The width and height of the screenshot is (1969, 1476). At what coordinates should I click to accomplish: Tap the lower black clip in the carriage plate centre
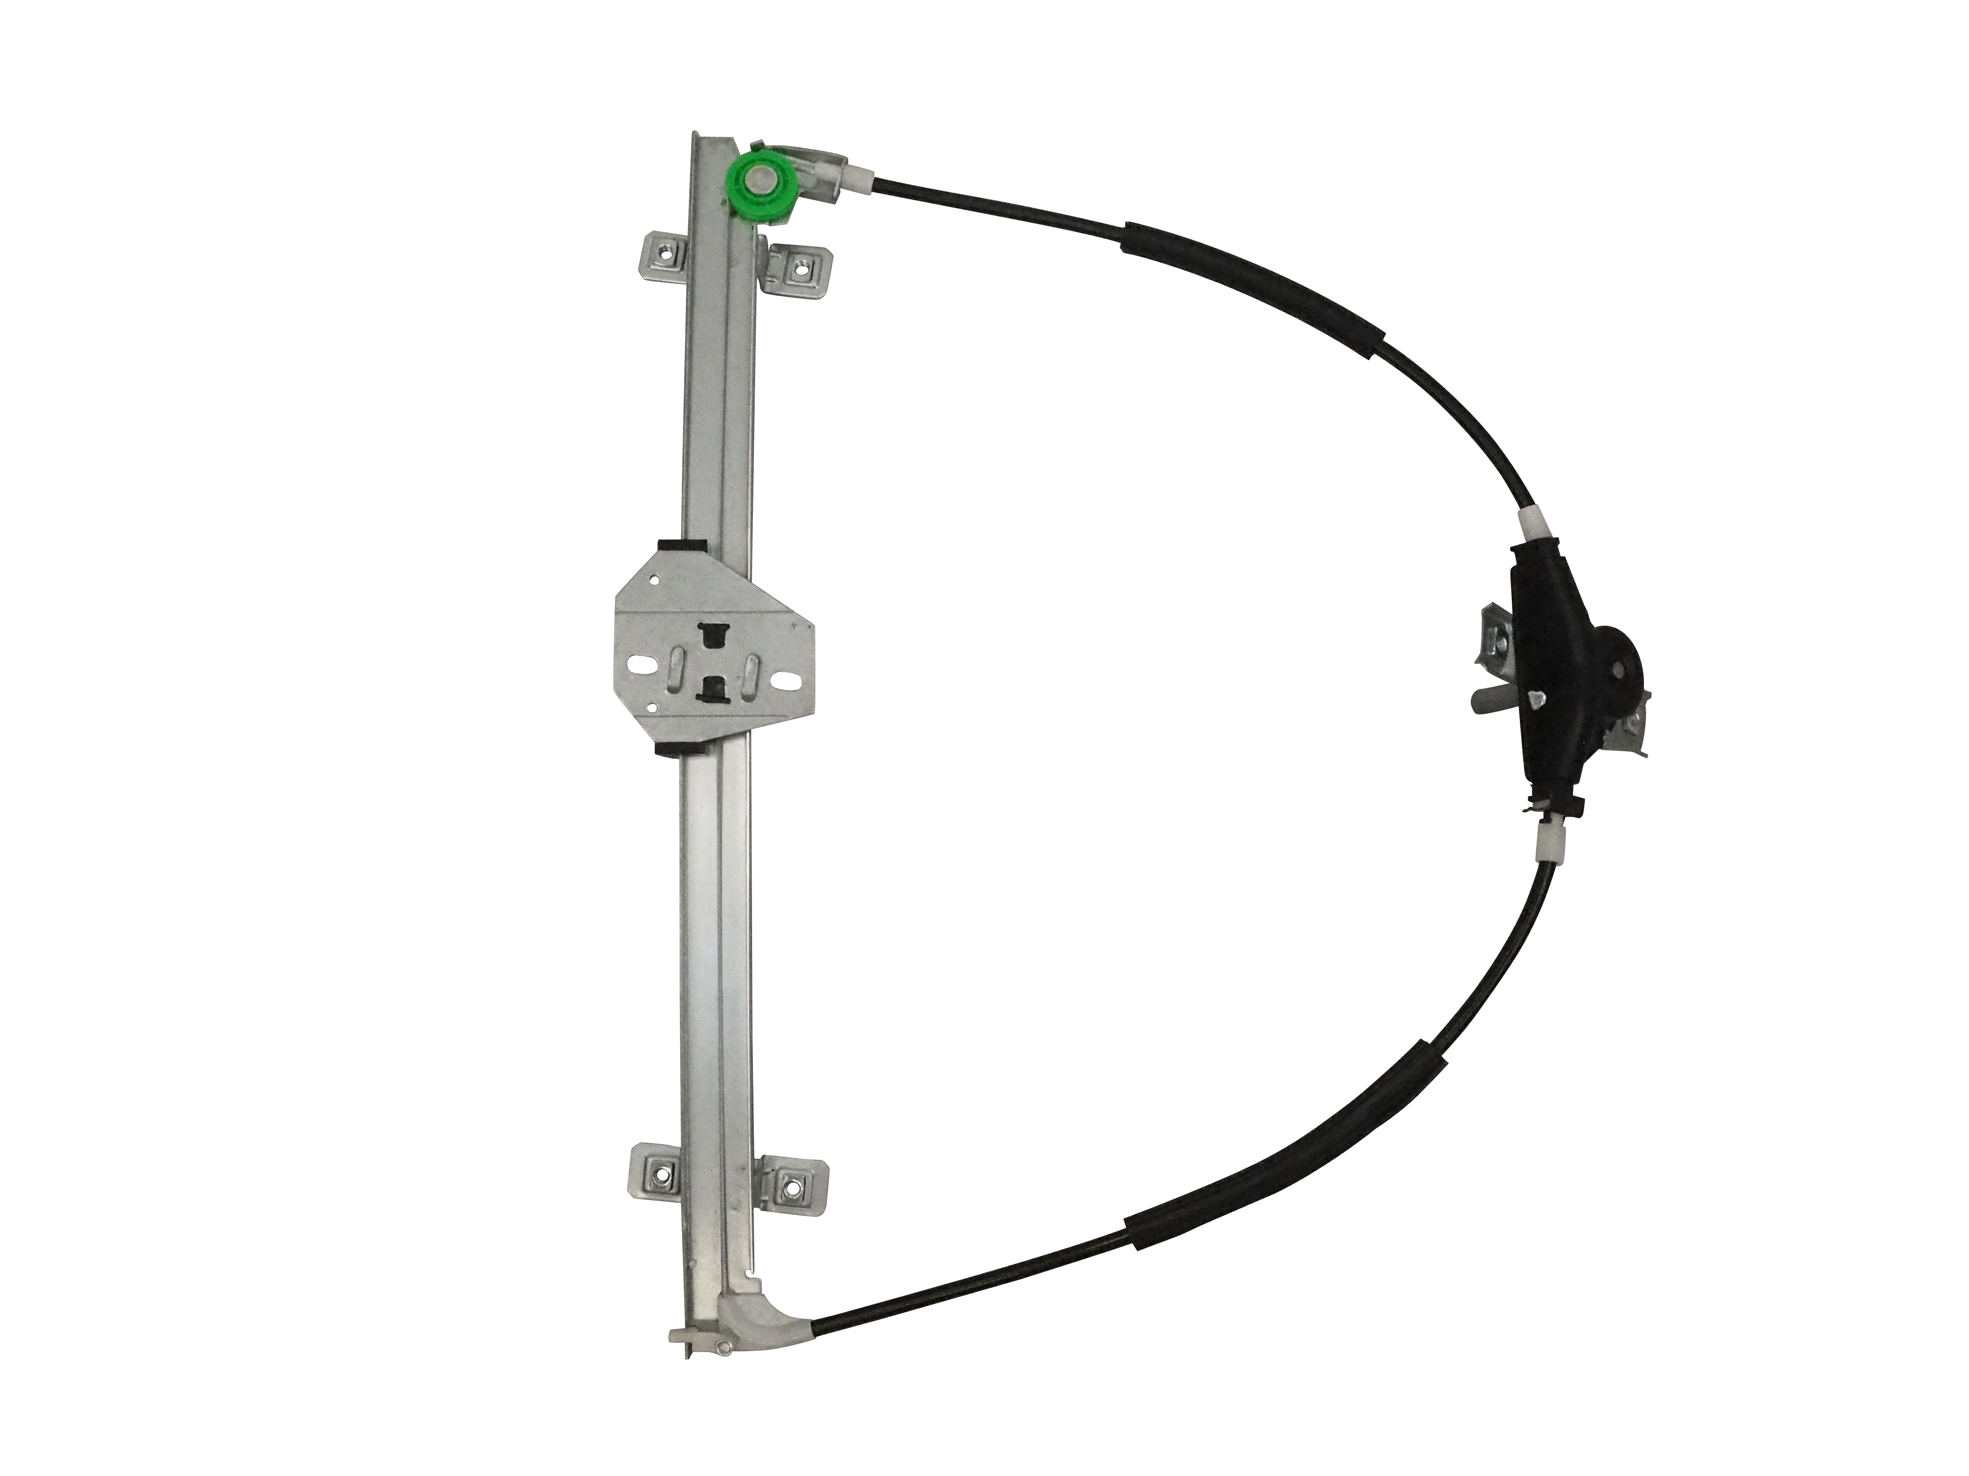pos(712,686)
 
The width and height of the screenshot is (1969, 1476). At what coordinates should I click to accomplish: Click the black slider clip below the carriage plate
pos(676,750)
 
